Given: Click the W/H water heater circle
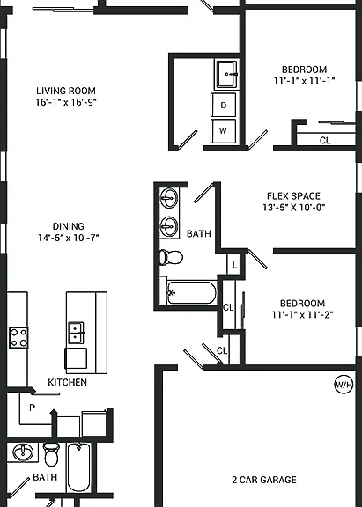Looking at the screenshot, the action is (344, 385).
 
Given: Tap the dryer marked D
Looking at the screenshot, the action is (223, 105).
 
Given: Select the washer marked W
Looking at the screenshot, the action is (223, 131).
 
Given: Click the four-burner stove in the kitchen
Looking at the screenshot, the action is (18, 338).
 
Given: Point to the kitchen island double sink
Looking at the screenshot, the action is (76, 333).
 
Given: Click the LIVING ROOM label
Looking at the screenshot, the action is (66, 91).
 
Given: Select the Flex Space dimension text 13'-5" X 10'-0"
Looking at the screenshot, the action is (294, 207).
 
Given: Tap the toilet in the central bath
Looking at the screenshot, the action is (171, 257).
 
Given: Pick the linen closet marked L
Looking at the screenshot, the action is (234, 265).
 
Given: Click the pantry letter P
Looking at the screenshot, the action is (32, 408).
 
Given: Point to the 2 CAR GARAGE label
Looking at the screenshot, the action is (264, 480).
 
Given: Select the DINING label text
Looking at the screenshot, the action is (68, 226).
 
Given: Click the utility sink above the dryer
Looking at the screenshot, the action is (226, 74).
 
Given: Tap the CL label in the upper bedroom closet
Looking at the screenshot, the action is (325, 141).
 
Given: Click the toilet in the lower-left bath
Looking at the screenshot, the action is (51, 454).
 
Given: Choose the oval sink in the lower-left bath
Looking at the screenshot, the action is (23, 452).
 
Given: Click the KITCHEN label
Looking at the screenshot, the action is (67, 382).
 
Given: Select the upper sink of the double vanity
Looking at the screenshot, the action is (169, 197).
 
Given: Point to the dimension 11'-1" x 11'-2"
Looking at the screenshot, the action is (302, 314).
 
